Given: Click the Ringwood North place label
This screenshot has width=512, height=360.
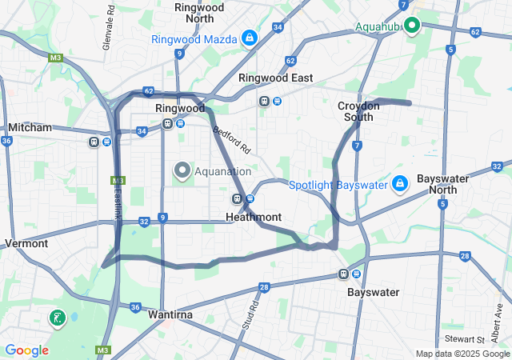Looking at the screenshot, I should pyautogui.click(x=199, y=12).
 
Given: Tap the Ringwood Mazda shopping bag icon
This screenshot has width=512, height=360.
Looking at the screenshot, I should pyautogui.click(x=250, y=38).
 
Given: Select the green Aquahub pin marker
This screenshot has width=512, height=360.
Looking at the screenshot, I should pyautogui.click(x=412, y=26).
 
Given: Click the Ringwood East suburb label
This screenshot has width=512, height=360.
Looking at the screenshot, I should pyautogui.click(x=275, y=78).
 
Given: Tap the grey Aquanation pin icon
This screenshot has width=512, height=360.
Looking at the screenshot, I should pyautogui.click(x=182, y=170).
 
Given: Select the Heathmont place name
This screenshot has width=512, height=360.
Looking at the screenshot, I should pyautogui.click(x=254, y=217).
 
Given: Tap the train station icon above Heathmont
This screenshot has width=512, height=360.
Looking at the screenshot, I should pyautogui.click(x=238, y=199).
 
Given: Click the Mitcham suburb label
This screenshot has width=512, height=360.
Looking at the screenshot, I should pyautogui.click(x=30, y=127).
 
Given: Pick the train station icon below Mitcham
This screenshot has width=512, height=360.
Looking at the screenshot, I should pyautogui.click(x=94, y=142).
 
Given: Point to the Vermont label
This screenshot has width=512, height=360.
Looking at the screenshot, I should pyautogui.click(x=26, y=243).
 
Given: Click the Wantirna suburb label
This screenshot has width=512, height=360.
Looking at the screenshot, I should pyautogui.click(x=170, y=315).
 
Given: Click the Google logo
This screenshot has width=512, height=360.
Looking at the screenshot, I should pyautogui.click(x=26, y=350).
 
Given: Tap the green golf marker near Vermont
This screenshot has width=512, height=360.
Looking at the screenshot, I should pyautogui.click(x=57, y=318).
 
